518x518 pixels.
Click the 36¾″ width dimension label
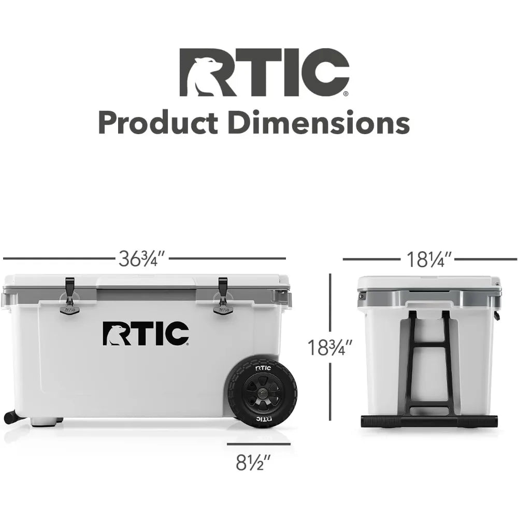pyautogui.click(x=142, y=258)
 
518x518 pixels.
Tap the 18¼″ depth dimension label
pyautogui.click(x=428, y=260)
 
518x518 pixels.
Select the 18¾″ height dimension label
pyautogui.click(x=329, y=348)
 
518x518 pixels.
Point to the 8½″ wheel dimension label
pyautogui.click(x=253, y=463)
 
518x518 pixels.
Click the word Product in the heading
pyautogui.click(x=158, y=122)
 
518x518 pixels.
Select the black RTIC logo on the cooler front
pyautogui.click(x=146, y=334)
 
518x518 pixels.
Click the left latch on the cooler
pyautogui.click(x=70, y=295)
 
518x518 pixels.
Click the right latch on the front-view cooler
pyautogui.click(x=223, y=295)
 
